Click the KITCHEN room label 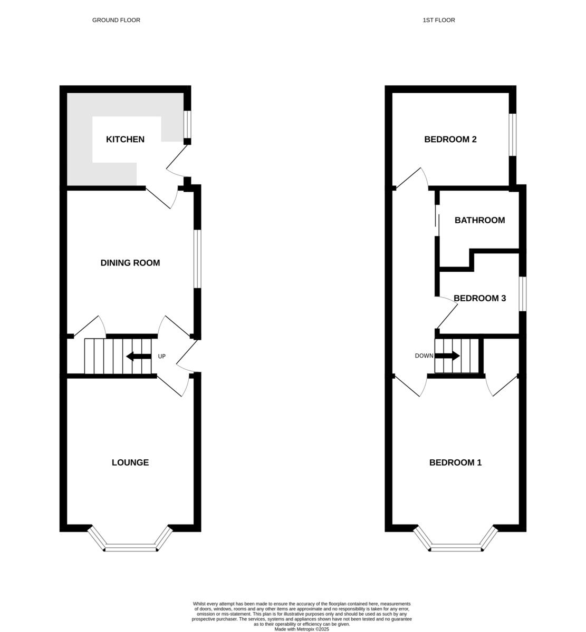pyautogui.click(x=125, y=140)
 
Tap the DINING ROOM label pyautogui.click(x=130, y=263)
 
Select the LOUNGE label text pyautogui.click(x=130, y=462)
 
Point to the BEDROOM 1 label pyautogui.click(x=455, y=462)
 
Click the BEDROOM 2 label pyautogui.click(x=450, y=140)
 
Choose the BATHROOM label pyautogui.click(x=479, y=220)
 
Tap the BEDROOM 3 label pyautogui.click(x=479, y=298)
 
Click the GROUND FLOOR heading pyautogui.click(x=116, y=20)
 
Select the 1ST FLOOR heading pyautogui.click(x=438, y=20)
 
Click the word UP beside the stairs pyautogui.click(x=162, y=357)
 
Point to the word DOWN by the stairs pyautogui.click(x=424, y=356)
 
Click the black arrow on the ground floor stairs pyautogui.click(x=138, y=357)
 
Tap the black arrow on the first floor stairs pyautogui.click(x=447, y=356)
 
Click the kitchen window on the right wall pyautogui.click(x=187, y=124)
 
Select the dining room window pyautogui.click(x=197, y=259)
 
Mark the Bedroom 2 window pyautogui.click(x=512, y=135)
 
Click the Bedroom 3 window pyautogui.click(x=522, y=294)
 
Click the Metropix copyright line pyautogui.click(x=301, y=629)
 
